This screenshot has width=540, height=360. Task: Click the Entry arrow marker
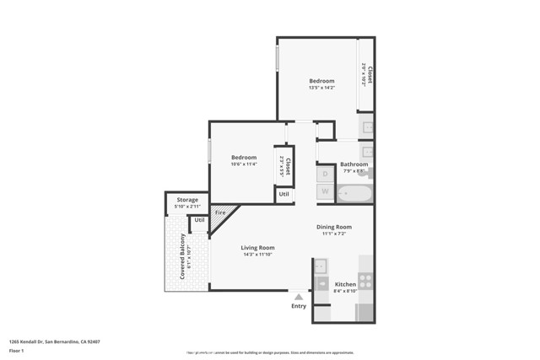[x=298, y=297]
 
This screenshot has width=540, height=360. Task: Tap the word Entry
[x=299, y=306]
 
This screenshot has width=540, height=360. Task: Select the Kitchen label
[x=346, y=284]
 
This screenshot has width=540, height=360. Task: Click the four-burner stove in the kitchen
[x=365, y=281]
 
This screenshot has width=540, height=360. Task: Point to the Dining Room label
[x=334, y=227]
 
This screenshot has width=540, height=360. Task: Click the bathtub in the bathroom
[x=354, y=195]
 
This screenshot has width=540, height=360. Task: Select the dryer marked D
[x=326, y=175]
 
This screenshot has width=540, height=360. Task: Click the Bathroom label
[x=353, y=164]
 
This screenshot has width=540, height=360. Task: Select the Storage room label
[x=187, y=200]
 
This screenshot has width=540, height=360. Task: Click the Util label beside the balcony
[x=199, y=220]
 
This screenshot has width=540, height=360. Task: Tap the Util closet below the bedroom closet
[x=284, y=194]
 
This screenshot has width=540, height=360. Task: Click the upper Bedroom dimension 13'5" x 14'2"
[x=321, y=88]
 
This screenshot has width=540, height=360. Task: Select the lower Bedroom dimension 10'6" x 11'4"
[x=244, y=164]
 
